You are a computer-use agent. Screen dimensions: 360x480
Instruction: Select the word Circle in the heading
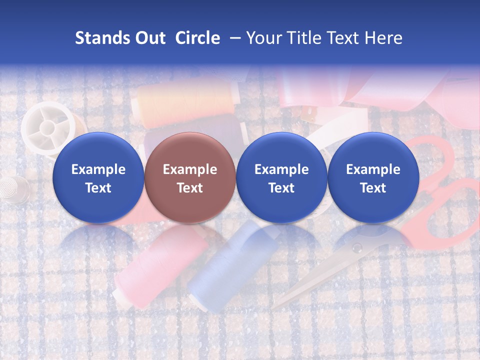click(197, 38)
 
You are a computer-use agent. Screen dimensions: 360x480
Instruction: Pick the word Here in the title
click(383, 38)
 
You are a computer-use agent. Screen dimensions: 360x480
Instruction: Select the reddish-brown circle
click(190, 177)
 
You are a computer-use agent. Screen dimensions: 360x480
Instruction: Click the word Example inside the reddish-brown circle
click(190, 169)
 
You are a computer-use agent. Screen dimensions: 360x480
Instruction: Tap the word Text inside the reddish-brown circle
click(190, 188)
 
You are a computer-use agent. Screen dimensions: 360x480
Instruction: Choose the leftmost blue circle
click(98, 177)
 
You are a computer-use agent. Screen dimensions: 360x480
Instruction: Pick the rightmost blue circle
click(373, 177)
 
